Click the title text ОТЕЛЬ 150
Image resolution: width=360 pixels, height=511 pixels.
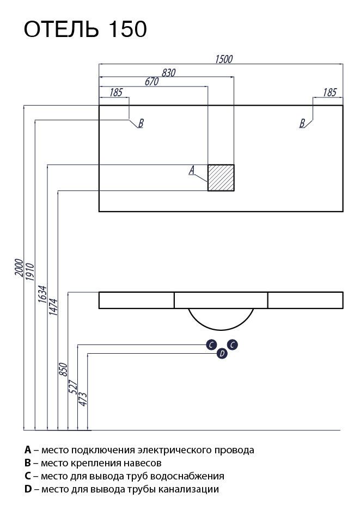(85, 29)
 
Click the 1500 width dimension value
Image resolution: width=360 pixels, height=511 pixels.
(224, 59)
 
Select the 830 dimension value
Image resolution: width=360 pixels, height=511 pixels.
(169, 73)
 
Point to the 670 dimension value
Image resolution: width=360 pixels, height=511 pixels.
(151, 82)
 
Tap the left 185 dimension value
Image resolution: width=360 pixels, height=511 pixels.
(116, 93)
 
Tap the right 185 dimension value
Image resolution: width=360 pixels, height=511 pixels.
(330, 93)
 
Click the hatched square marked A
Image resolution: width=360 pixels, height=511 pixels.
(221, 177)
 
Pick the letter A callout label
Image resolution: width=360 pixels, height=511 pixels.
(192, 170)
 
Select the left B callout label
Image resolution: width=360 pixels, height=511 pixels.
(141, 123)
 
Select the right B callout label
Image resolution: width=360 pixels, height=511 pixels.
(302, 123)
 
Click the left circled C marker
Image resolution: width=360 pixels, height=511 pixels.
(211, 345)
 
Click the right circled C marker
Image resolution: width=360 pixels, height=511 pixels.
(232, 345)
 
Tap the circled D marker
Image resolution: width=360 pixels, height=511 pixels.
(222, 353)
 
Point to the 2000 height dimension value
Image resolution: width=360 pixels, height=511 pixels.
(19, 268)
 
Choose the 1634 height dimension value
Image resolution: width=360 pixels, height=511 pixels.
(42, 294)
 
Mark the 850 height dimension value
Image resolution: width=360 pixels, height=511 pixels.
(63, 369)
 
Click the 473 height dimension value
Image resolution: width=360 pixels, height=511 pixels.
(83, 399)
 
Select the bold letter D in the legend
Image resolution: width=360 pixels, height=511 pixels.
(28, 489)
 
